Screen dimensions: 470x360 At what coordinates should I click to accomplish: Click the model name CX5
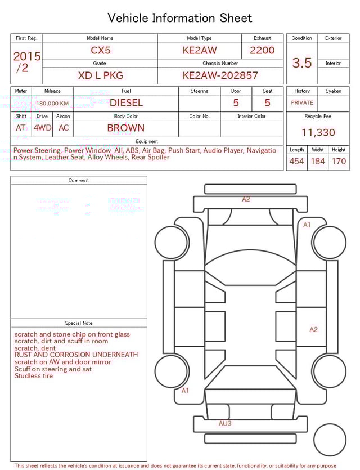tap(101, 50)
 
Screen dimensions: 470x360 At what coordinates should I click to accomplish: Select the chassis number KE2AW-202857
tap(220, 75)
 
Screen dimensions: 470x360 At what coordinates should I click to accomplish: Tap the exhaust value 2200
tap(262, 50)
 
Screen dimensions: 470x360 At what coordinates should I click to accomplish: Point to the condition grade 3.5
tap(301, 63)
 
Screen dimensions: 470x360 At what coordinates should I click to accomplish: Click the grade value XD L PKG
tap(100, 75)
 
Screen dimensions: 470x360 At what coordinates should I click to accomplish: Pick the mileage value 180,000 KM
tap(52, 104)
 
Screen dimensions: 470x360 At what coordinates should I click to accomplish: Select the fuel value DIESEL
tap(126, 103)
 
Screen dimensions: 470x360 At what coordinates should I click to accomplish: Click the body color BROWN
tap(126, 128)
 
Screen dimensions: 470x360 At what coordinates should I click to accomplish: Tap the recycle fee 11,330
tap(318, 133)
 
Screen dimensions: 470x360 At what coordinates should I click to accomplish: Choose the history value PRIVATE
tap(302, 103)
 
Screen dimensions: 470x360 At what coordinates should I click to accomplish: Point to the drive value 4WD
tap(42, 128)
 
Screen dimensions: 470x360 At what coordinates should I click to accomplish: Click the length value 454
tap(296, 162)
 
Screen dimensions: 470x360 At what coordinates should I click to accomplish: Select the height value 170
tap(339, 162)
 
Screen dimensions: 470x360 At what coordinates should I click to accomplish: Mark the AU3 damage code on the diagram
tap(225, 423)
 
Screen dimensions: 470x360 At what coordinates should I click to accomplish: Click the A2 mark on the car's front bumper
tap(246, 199)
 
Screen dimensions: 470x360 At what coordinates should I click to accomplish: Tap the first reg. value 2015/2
tap(26, 62)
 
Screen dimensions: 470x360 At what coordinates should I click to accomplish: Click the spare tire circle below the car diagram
tap(330, 440)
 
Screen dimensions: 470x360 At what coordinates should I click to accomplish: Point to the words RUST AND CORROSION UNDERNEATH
tap(76, 355)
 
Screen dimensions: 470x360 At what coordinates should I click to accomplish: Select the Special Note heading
tap(79, 323)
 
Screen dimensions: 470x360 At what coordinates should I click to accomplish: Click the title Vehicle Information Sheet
tap(180, 18)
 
